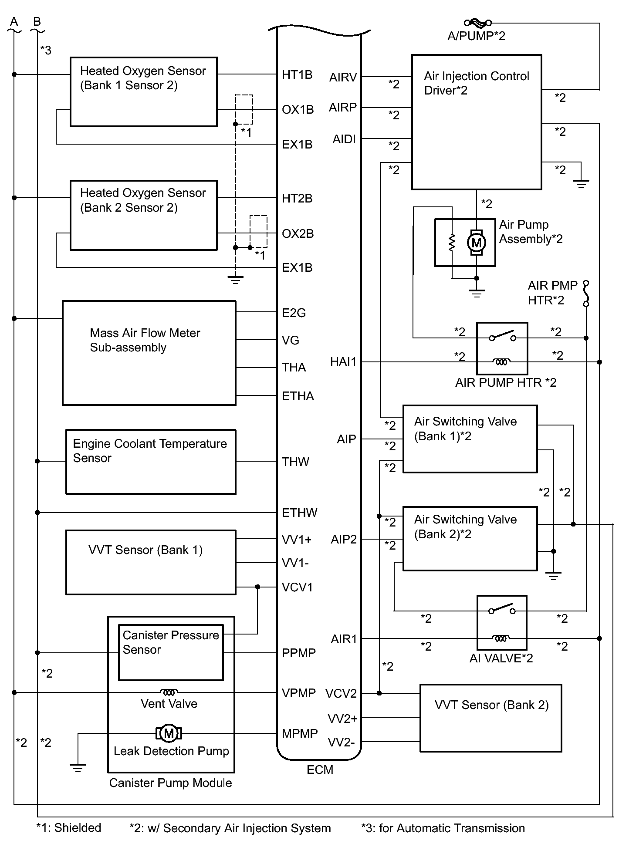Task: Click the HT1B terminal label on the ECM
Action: (x=297, y=75)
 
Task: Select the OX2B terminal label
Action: (x=298, y=234)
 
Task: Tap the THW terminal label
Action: (x=295, y=462)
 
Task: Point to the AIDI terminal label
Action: (x=344, y=139)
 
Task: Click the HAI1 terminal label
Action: (x=343, y=362)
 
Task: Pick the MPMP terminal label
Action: (x=300, y=733)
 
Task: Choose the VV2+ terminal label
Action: (x=342, y=719)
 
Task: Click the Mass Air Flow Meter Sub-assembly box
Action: (x=149, y=353)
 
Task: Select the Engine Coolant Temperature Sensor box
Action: (x=151, y=462)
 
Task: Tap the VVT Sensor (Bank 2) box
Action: (x=490, y=718)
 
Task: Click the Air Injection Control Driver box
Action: (x=477, y=122)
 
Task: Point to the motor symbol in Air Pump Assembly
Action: (x=476, y=243)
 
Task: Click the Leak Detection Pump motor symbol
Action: (x=169, y=733)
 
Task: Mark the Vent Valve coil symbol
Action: (x=169, y=692)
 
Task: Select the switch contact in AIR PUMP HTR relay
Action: (x=502, y=336)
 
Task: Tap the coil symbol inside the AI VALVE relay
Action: (x=501, y=638)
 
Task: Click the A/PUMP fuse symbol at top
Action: (x=478, y=23)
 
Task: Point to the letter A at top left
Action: (x=14, y=22)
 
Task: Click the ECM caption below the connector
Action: (x=320, y=770)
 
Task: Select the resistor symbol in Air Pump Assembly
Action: (x=452, y=243)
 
